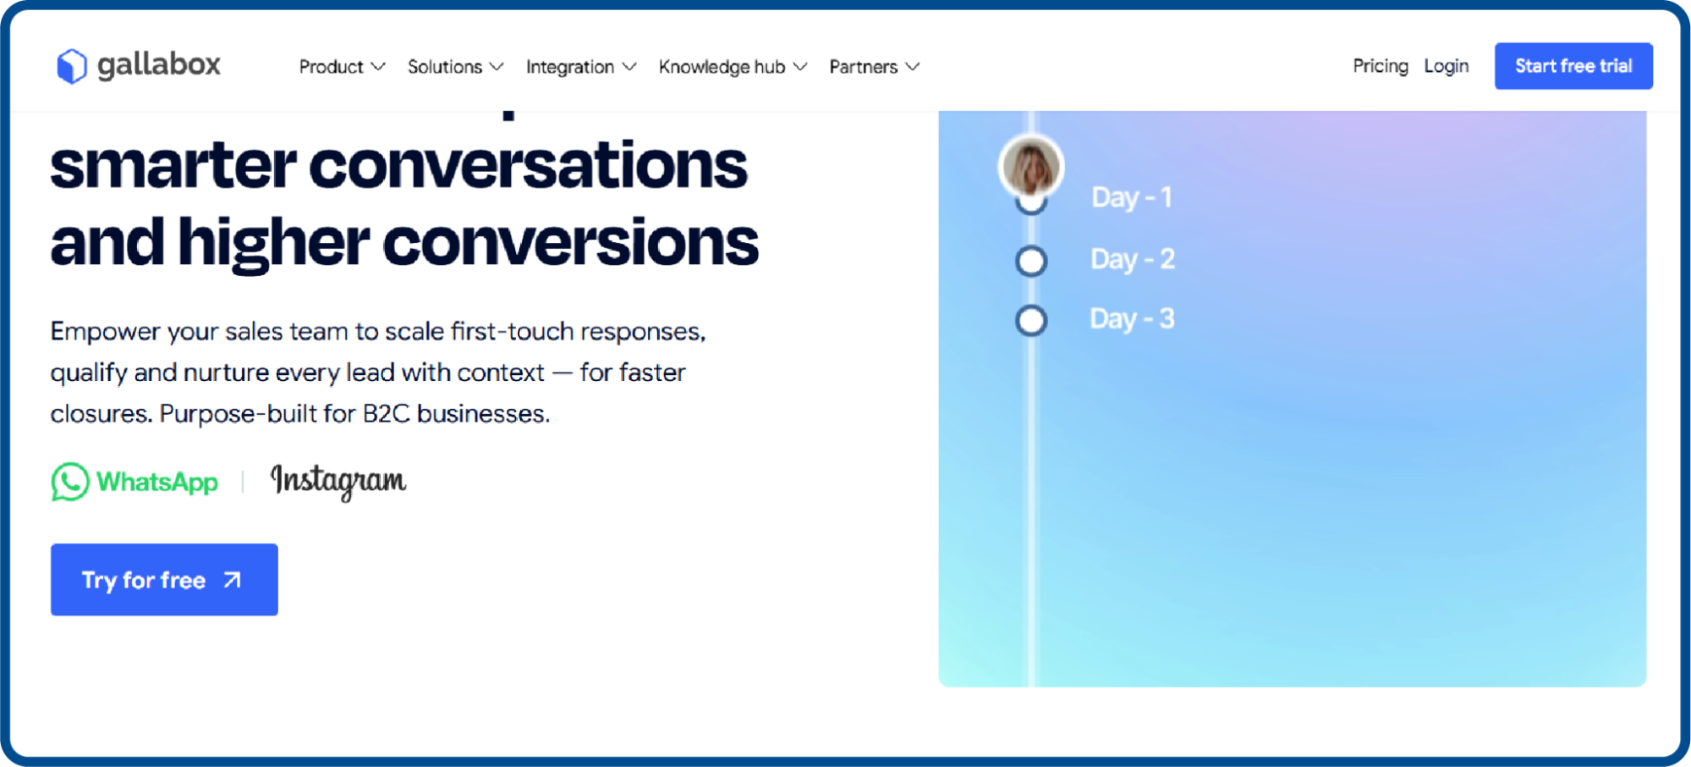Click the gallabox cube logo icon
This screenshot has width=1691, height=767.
click(72, 66)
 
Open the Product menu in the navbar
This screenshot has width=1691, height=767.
click(341, 67)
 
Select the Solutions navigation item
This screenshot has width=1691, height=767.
click(454, 67)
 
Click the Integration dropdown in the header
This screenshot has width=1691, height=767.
click(579, 67)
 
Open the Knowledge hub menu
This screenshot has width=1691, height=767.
click(732, 67)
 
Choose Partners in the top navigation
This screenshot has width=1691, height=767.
click(873, 67)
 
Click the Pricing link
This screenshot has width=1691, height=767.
click(1380, 66)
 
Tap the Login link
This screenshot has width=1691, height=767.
click(1446, 66)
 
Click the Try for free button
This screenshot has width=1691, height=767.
click(164, 580)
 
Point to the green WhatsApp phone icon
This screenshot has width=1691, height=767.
click(70, 482)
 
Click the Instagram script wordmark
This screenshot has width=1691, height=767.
click(338, 481)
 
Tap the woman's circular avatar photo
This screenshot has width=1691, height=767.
click(1030, 167)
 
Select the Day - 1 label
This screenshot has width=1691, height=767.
click(1131, 197)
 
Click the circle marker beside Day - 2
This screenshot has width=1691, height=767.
click(1030, 261)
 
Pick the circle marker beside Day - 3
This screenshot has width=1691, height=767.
click(1030, 321)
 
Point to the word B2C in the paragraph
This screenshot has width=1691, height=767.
click(386, 414)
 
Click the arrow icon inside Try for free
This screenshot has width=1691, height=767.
click(232, 580)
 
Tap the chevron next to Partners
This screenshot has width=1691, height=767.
click(912, 67)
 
